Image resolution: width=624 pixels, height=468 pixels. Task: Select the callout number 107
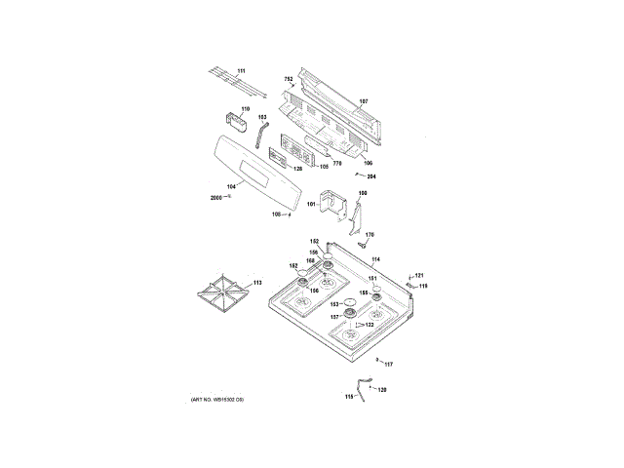point(364,101)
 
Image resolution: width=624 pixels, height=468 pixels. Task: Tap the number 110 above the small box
point(246,108)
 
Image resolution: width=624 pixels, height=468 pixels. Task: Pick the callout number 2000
point(216,198)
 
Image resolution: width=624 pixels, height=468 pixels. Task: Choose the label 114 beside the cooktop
point(375,259)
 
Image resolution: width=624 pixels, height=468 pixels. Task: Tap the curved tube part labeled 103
point(260,136)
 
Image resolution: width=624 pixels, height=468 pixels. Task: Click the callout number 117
point(388,365)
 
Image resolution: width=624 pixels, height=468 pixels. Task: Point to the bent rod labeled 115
point(363,388)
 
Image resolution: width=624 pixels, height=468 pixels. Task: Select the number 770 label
point(337,163)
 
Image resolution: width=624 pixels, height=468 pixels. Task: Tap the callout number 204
point(371,176)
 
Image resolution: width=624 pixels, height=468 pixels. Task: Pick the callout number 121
point(419,276)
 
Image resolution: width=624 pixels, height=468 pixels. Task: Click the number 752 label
point(289,78)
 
